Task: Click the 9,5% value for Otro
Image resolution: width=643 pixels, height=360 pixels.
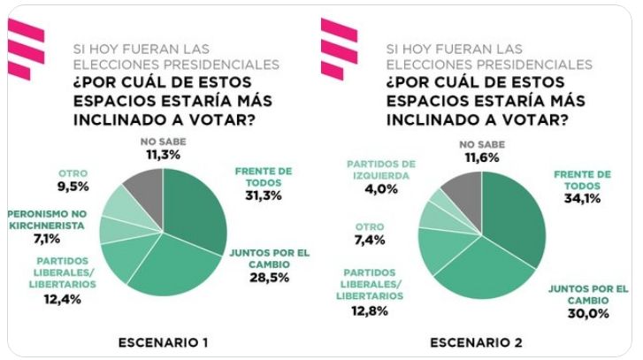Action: [73, 188]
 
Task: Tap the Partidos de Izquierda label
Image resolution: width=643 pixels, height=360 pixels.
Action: [381, 169]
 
